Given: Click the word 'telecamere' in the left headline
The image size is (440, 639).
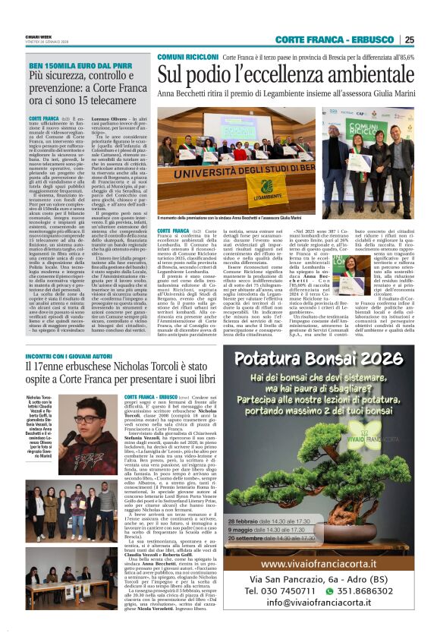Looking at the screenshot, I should pos(106,99).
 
